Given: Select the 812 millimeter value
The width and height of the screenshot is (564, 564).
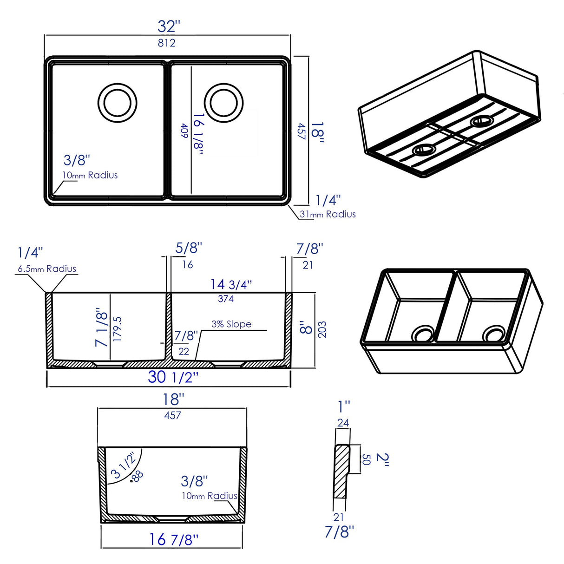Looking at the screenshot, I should click(x=166, y=43).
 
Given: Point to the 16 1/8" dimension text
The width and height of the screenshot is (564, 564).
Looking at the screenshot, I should click(x=198, y=133).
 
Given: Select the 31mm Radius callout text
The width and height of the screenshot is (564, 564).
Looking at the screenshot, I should click(x=328, y=214).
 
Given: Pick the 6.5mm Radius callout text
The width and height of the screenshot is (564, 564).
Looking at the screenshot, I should click(x=47, y=269).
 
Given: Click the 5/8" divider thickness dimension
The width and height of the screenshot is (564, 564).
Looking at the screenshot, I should click(x=189, y=248).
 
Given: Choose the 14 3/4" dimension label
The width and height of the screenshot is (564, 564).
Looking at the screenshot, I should click(x=231, y=284).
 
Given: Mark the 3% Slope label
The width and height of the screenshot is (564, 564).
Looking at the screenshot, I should click(x=231, y=324).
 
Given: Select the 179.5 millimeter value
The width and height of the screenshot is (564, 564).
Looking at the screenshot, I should click(x=118, y=329).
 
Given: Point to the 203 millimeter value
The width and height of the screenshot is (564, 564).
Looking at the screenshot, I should click(x=322, y=329).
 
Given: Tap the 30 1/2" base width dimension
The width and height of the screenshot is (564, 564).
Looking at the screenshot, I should click(x=173, y=377).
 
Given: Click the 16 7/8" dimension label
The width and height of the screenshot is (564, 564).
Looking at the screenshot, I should click(x=173, y=539).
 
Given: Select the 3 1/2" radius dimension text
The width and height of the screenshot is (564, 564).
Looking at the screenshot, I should click(x=124, y=465).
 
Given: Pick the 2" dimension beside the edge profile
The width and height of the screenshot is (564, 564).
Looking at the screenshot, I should click(x=382, y=459).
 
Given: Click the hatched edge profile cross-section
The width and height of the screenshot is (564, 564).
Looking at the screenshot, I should click(x=341, y=472).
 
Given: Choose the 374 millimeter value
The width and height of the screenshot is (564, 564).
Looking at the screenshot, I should click(x=226, y=299).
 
